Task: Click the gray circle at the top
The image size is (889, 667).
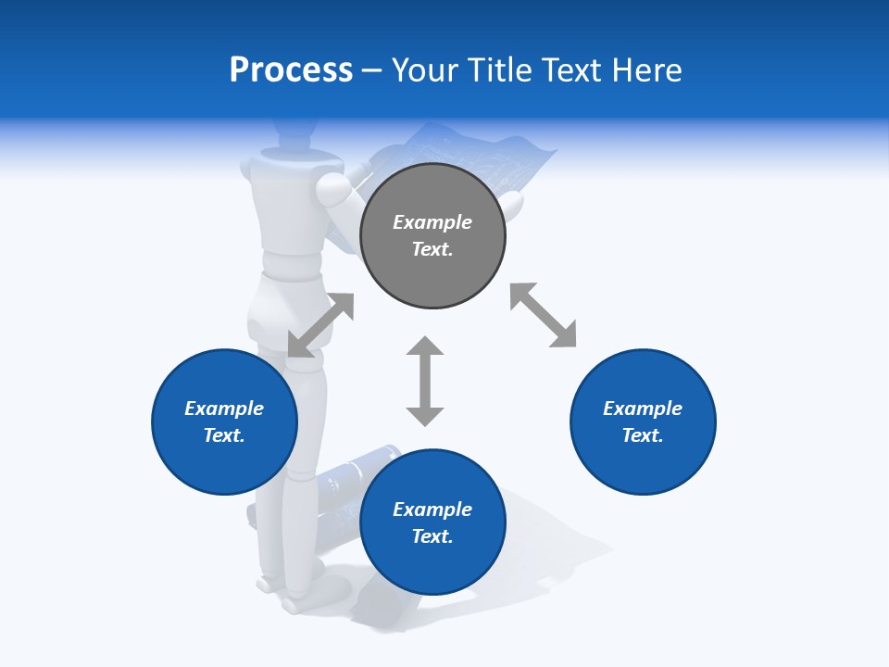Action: (x=432, y=236)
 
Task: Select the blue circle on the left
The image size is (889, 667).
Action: (x=224, y=422)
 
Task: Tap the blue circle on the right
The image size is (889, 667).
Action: (x=643, y=422)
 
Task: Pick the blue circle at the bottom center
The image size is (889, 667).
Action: (x=432, y=522)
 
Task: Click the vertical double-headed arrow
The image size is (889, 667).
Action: (x=425, y=381)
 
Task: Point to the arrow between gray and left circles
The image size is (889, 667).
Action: (x=320, y=324)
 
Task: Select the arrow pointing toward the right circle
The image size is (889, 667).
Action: (x=543, y=315)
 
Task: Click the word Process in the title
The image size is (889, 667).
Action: (x=291, y=69)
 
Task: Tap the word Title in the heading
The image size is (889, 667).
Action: (x=495, y=69)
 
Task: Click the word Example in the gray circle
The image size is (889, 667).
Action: (x=432, y=222)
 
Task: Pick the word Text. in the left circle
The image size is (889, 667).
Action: (x=224, y=435)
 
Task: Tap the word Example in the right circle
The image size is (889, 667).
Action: (x=643, y=409)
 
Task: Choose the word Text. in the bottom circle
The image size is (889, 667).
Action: (x=432, y=536)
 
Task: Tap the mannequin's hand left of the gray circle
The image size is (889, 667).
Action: (x=335, y=192)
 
